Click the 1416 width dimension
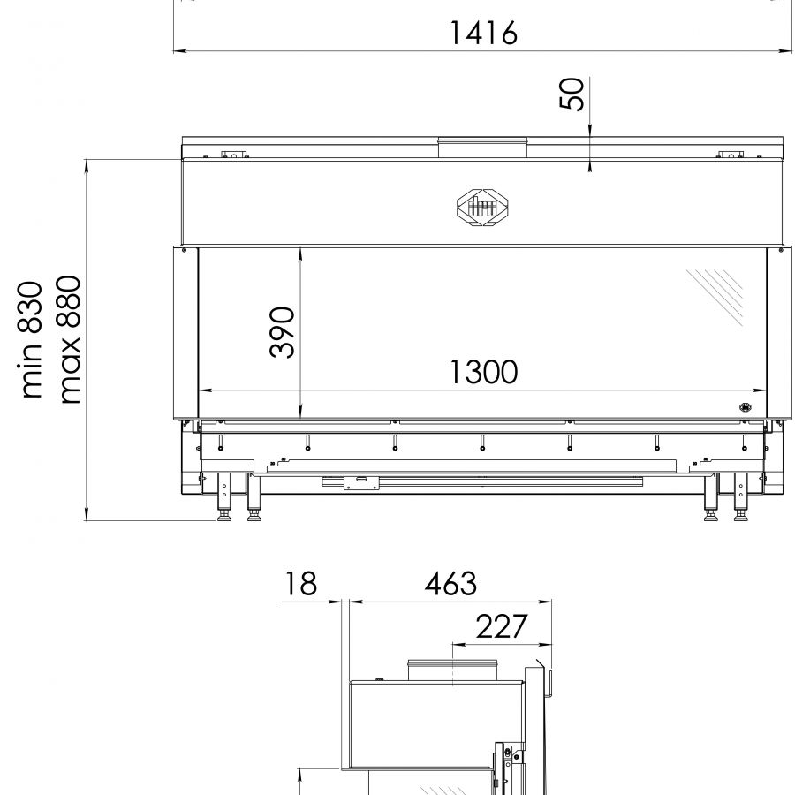click(x=484, y=33)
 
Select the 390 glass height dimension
click(x=282, y=332)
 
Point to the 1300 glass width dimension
click(x=484, y=372)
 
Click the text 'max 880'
click(x=69, y=340)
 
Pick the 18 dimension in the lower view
click(x=300, y=583)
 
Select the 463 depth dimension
click(x=450, y=583)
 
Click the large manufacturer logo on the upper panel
click(x=483, y=207)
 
